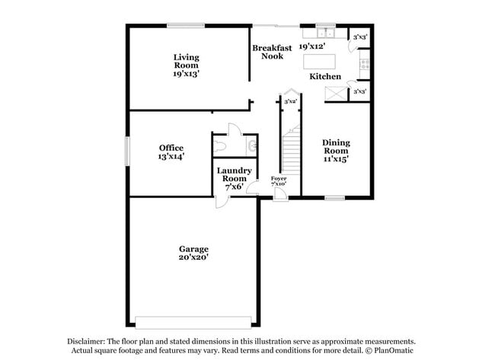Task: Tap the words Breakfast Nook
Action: pyautogui.click(x=272, y=52)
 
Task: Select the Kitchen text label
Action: pyautogui.click(x=324, y=76)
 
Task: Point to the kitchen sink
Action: pyautogui.click(x=326, y=33)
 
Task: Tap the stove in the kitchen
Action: pyautogui.click(x=365, y=65)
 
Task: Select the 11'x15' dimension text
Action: pyautogui.click(x=335, y=159)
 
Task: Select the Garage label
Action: pyautogui.click(x=193, y=249)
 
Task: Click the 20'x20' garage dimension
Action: pyautogui.click(x=193, y=257)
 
